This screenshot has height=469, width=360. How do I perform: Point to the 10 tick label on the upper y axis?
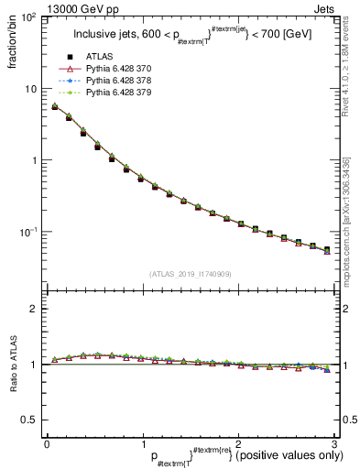point(31,89)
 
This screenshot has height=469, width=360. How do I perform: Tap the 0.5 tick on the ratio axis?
point(30,420)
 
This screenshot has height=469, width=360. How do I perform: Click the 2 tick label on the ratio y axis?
point(35,309)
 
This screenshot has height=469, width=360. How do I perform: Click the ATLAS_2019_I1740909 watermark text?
point(191,274)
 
